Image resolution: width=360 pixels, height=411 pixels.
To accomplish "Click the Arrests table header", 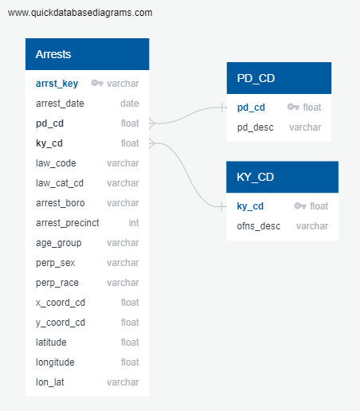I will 53,54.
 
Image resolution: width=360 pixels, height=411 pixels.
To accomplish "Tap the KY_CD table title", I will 256,177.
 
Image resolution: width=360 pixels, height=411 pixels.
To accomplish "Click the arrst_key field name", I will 57,83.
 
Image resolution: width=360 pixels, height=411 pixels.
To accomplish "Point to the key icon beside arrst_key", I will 97,83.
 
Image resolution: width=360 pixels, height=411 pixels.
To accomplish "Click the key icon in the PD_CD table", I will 293,107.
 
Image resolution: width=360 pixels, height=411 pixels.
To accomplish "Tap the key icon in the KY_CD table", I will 300,205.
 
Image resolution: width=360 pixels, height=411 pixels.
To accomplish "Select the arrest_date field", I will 60,103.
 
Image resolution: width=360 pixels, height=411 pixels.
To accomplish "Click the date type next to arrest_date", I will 129,103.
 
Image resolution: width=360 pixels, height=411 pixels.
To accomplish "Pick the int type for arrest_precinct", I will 134,222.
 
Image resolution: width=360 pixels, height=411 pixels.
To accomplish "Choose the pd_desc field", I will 256,127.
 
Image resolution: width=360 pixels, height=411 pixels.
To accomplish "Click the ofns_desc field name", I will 259,225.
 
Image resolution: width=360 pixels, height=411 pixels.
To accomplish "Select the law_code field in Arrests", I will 56,162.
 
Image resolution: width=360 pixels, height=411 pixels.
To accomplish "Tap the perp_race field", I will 57,282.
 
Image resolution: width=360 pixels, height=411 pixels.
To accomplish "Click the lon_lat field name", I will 51,382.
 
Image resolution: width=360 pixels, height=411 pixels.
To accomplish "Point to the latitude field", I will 51,342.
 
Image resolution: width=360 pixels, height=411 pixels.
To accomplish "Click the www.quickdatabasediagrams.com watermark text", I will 80,14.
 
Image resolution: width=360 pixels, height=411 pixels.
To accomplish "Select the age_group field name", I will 58,242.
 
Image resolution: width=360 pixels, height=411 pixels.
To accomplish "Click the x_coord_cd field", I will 61,302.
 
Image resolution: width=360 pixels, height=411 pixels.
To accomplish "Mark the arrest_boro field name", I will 60,202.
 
